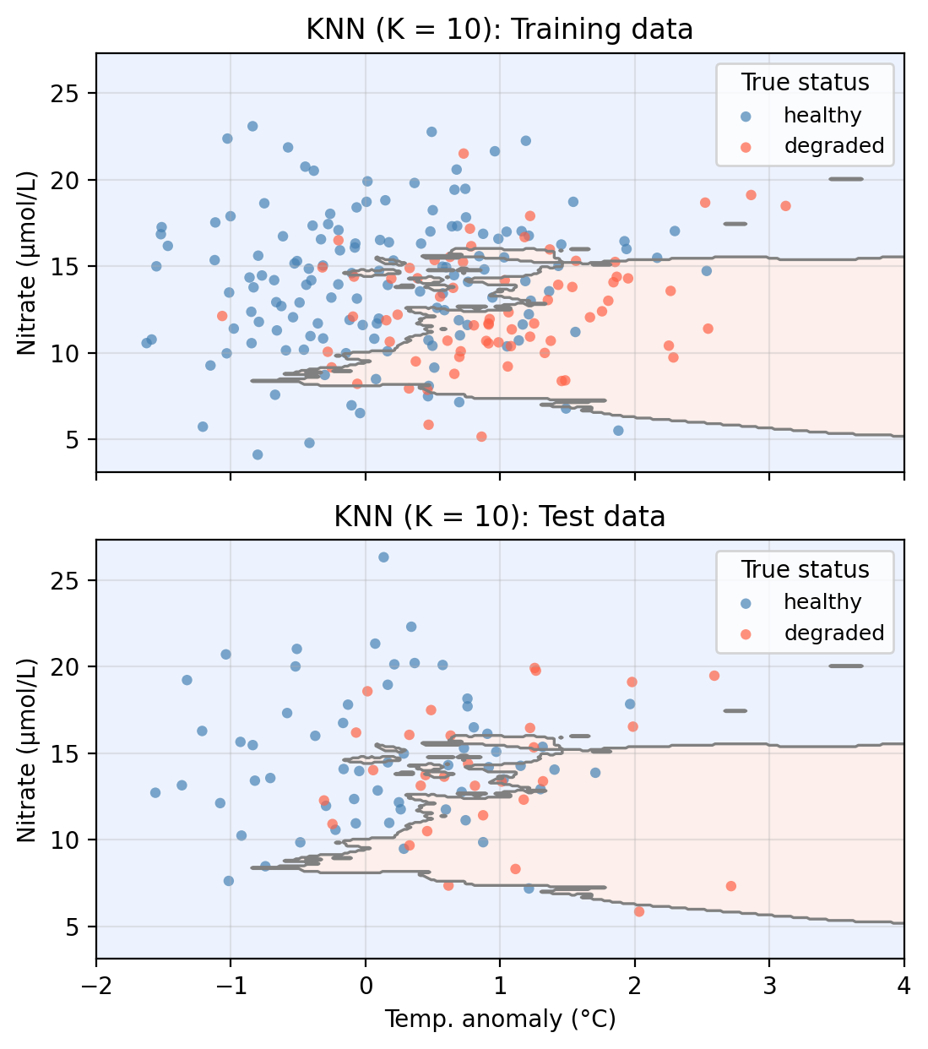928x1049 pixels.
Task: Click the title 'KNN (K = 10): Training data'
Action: pos(499,30)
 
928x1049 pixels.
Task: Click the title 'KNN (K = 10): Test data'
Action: pos(499,516)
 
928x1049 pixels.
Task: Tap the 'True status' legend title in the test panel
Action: pos(805,569)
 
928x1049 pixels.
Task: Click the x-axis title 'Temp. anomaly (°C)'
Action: pos(500,1019)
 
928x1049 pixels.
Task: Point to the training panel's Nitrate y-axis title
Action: pos(27,264)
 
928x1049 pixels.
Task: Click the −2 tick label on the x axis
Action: pos(96,986)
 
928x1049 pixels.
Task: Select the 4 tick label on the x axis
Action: pos(904,986)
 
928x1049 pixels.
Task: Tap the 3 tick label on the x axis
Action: pos(768,986)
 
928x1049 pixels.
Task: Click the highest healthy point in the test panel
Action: pos(383,557)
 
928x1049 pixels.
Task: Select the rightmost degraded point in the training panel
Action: pos(785,206)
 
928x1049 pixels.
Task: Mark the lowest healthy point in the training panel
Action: pos(258,454)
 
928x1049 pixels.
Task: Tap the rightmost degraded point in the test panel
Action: pos(730,886)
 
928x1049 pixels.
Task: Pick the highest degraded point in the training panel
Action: pos(464,154)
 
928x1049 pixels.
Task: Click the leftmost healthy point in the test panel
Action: pos(155,793)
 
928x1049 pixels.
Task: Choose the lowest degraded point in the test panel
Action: pos(639,911)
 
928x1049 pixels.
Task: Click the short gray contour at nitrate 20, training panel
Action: pos(845,179)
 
